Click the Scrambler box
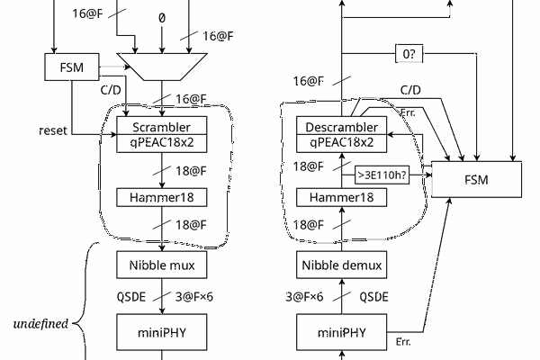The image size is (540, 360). (x=162, y=126)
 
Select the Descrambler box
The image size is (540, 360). (x=341, y=126)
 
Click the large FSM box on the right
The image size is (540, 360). (x=476, y=179)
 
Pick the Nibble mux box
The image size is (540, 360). (x=162, y=265)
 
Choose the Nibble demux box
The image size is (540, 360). (x=341, y=265)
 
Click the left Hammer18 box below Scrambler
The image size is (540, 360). (x=162, y=197)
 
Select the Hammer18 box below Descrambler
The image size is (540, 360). (x=341, y=197)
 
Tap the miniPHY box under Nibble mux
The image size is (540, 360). (x=162, y=331)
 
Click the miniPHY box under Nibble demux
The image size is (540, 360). (x=341, y=331)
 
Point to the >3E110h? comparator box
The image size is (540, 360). (x=382, y=175)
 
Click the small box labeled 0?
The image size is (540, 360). (x=409, y=55)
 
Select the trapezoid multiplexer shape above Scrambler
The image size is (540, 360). (x=162, y=64)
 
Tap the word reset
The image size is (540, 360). (x=53, y=131)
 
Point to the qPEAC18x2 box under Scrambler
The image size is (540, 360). (x=162, y=142)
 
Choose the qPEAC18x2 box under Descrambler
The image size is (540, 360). (x=341, y=142)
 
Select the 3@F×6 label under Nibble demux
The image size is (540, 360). (x=305, y=296)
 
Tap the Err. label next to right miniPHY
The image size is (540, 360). (x=405, y=342)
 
